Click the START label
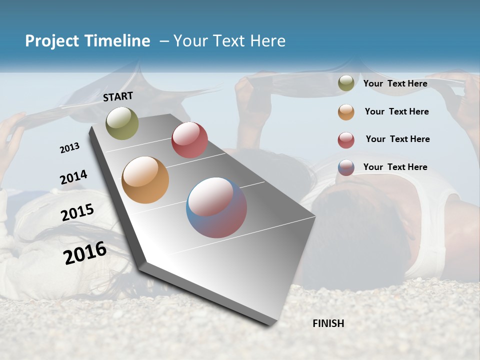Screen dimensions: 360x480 [x=118, y=96]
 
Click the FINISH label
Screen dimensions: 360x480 [x=328, y=323]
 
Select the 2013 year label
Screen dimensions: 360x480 [x=69, y=148]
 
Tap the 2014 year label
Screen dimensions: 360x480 [x=73, y=177]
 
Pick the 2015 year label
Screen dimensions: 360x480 [x=77, y=212]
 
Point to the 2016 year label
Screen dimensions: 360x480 [x=85, y=253]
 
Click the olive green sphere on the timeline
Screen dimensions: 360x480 [x=122, y=123]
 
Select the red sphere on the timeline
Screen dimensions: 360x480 [x=189, y=140]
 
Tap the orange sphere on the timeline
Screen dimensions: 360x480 [x=145, y=180]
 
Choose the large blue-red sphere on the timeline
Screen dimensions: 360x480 [x=216, y=207]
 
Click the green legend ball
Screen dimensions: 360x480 [x=346, y=83]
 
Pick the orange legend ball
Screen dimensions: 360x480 [x=346, y=112]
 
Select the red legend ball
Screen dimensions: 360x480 [x=346, y=140]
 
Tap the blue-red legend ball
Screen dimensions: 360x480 [x=346, y=167]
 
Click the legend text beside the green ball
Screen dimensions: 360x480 [x=395, y=83]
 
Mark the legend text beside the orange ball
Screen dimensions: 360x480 [x=396, y=111]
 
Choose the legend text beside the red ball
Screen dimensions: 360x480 [x=397, y=139]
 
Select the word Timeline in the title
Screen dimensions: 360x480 [x=117, y=41]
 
